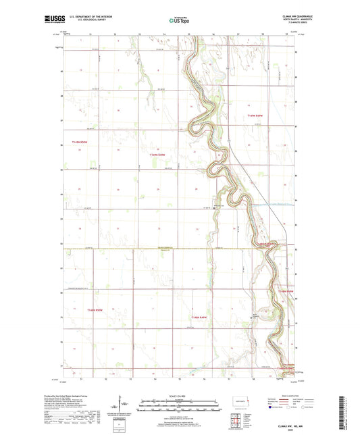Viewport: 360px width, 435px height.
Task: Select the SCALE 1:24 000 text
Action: pos(180,396)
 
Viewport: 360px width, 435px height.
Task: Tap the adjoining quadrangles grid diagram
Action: pos(237,417)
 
